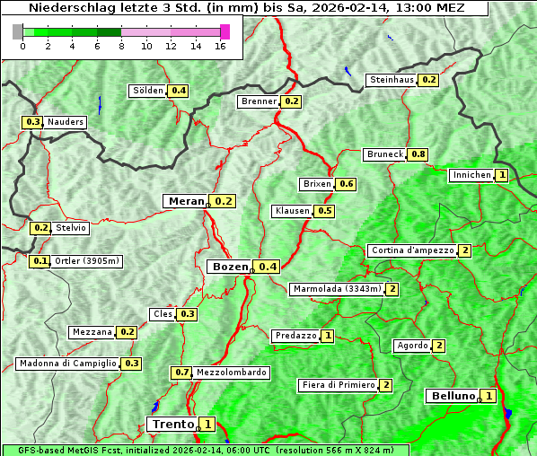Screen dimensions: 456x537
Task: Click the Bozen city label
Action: tap(228, 267)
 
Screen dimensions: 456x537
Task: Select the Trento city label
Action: tap(173, 424)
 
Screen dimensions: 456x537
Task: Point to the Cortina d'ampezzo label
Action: tap(412, 250)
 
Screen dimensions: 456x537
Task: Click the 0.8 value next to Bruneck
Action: tap(418, 154)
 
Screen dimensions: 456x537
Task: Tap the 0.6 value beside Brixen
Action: tap(347, 184)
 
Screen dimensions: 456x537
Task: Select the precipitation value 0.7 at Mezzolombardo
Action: tap(181, 372)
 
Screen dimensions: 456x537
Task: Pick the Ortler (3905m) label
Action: tap(87, 261)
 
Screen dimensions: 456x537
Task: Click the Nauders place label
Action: tap(66, 122)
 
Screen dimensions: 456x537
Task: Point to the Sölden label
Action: tap(148, 91)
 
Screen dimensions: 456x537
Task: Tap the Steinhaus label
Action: tap(392, 80)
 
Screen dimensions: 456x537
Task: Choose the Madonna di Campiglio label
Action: tap(67, 364)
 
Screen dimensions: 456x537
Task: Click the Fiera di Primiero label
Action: tap(339, 385)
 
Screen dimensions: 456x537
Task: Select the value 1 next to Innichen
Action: tap(501, 175)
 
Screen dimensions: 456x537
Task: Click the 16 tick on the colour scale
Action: tap(220, 47)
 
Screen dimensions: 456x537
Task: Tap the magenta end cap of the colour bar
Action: tap(224, 31)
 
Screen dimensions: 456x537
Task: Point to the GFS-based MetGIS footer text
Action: tap(205, 450)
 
